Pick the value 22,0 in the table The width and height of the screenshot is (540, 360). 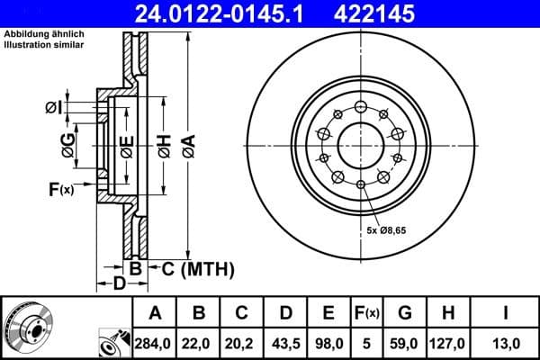click(199, 344)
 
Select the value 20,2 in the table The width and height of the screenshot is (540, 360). click(242, 344)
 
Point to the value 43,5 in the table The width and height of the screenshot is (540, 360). click(285, 344)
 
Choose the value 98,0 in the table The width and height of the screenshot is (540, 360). click(328, 344)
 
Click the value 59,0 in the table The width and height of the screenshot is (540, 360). click(405, 344)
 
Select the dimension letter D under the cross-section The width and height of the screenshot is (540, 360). click(119, 284)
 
